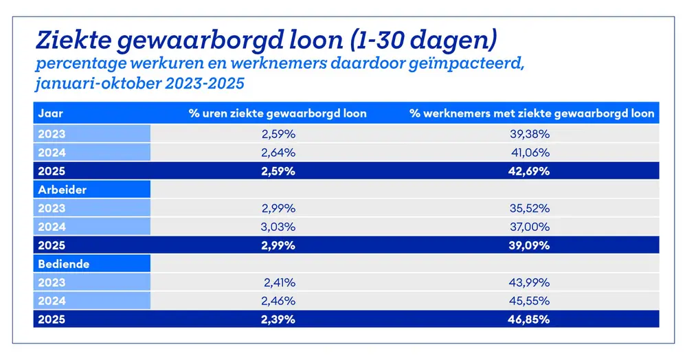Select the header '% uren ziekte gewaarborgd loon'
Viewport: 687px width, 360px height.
(278, 113)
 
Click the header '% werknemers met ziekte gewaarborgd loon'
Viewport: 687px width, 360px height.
(532, 113)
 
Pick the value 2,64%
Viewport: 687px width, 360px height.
(279, 153)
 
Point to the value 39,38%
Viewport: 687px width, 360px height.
(531, 134)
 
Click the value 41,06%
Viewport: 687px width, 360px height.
(532, 153)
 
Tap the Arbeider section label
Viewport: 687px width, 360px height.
(63, 190)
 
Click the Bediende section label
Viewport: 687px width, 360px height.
(64, 263)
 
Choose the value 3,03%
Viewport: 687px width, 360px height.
(279, 226)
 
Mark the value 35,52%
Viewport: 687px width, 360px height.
(531, 208)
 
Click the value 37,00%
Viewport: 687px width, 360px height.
(531, 226)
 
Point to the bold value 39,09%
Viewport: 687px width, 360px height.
(531, 245)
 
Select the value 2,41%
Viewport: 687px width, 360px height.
(279, 282)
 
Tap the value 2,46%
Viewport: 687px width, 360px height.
(279, 300)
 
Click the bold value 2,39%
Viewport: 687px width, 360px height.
(279, 319)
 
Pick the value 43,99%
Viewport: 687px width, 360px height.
(531, 282)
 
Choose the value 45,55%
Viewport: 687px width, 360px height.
(531, 300)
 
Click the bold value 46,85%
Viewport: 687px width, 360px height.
(531, 319)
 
